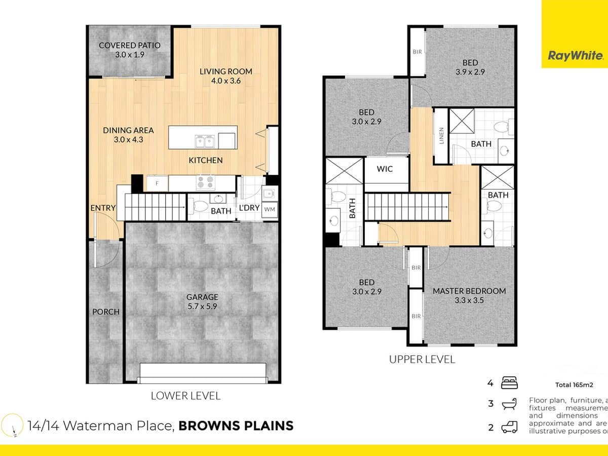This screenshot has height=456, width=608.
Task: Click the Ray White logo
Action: pyautogui.click(x=575, y=56)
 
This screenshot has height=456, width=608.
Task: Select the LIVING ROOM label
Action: pyautogui.click(x=225, y=71)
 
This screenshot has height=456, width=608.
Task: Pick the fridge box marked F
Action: pyautogui.click(x=157, y=183)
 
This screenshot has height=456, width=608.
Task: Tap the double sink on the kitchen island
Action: pyautogui.click(x=205, y=140)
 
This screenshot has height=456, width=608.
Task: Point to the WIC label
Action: pyautogui.click(x=385, y=169)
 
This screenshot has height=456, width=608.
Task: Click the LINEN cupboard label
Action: pyautogui.click(x=441, y=135)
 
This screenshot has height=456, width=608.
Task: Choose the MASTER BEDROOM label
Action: pyautogui.click(x=469, y=291)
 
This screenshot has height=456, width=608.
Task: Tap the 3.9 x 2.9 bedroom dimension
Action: pyautogui.click(x=470, y=72)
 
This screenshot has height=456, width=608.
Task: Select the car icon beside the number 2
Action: pyautogui.click(x=509, y=428)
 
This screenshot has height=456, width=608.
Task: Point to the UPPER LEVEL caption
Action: pyautogui.click(x=422, y=360)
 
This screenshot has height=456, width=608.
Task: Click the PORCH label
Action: pyautogui.click(x=106, y=312)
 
